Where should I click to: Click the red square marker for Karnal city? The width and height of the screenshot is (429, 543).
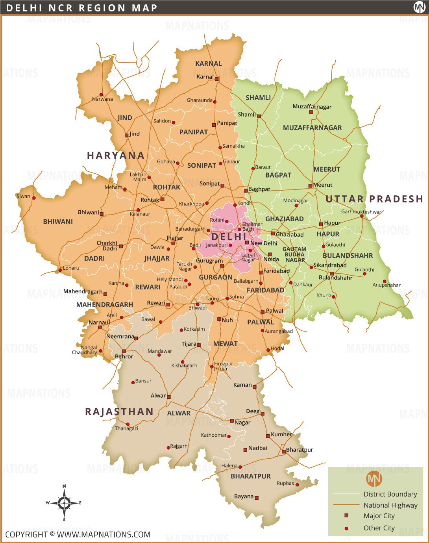[x=216, y=79]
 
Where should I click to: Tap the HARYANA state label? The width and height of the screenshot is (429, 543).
[x=115, y=156]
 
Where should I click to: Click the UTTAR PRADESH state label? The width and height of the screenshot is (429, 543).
[x=374, y=199]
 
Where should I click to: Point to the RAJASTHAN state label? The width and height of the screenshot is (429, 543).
[x=119, y=412]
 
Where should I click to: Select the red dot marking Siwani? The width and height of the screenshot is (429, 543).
[x=34, y=198]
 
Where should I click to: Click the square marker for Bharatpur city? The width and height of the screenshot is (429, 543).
[x=283, y=451]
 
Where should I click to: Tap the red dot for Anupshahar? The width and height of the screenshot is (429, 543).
[x=385, y=281]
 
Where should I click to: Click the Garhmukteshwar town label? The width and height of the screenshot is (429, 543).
[x=361, y=212]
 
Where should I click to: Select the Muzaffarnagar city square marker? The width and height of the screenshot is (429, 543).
[x=311, y=112]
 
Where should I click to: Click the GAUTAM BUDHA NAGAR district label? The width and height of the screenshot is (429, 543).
[x=294, y=254]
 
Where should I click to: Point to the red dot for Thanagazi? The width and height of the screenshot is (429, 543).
[x=128, y=424]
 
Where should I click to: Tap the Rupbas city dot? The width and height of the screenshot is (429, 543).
[x=297, y=485]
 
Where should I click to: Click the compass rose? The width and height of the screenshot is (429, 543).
[x=64, y=503]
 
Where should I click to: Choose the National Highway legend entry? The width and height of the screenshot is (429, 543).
[x=390, y=505]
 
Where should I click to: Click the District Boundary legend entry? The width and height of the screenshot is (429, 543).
[x=390, y=494]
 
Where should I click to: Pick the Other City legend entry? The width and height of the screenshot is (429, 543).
[x=379, y=528]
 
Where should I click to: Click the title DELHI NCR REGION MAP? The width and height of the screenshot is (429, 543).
[x=82, y=8]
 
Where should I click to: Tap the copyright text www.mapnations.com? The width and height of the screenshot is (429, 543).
[x=78, y=534]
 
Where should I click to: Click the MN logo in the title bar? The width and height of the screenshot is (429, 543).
[x=419, y=7]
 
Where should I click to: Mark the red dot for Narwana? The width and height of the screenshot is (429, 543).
[x=101, y=95]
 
